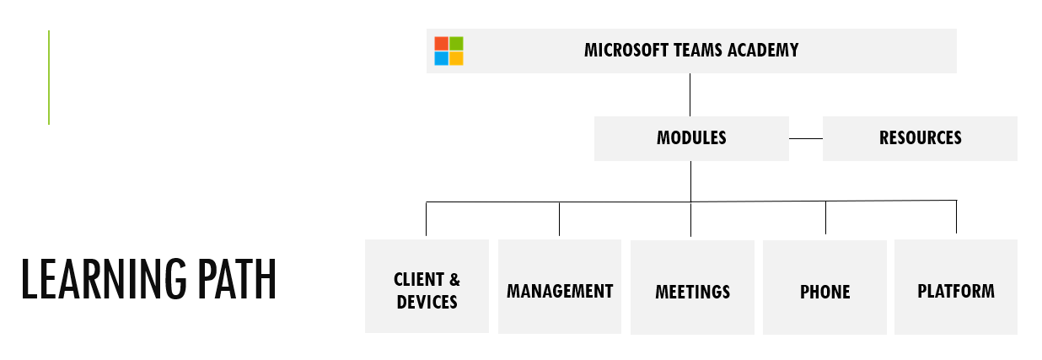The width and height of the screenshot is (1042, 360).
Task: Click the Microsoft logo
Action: pos(448,51)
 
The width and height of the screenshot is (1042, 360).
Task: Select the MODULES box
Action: pos(691,138)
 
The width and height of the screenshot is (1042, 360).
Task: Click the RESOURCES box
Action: pos(920,138)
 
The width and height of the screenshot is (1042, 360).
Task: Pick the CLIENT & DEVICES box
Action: pos(427,287)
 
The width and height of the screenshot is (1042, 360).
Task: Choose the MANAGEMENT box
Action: pos(560,287)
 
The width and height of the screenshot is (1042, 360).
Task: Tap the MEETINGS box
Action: pos(692,287)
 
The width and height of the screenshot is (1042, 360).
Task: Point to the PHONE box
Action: pos(824,287)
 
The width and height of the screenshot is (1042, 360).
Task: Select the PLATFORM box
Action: pos(955,287)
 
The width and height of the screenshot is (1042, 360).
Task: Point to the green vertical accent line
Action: pos(49,78)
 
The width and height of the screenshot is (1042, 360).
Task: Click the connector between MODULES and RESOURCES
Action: pos(805,138)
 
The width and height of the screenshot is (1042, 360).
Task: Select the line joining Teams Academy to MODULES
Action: pos(690,94)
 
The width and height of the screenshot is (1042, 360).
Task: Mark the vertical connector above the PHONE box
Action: pos(825,218)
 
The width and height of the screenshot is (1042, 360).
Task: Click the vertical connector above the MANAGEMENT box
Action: pos(559,218)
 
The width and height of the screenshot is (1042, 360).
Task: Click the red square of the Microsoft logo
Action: pos(441,43)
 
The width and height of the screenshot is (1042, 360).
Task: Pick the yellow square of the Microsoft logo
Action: pos(456,58)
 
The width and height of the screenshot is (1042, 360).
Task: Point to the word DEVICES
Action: pos(427,302)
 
